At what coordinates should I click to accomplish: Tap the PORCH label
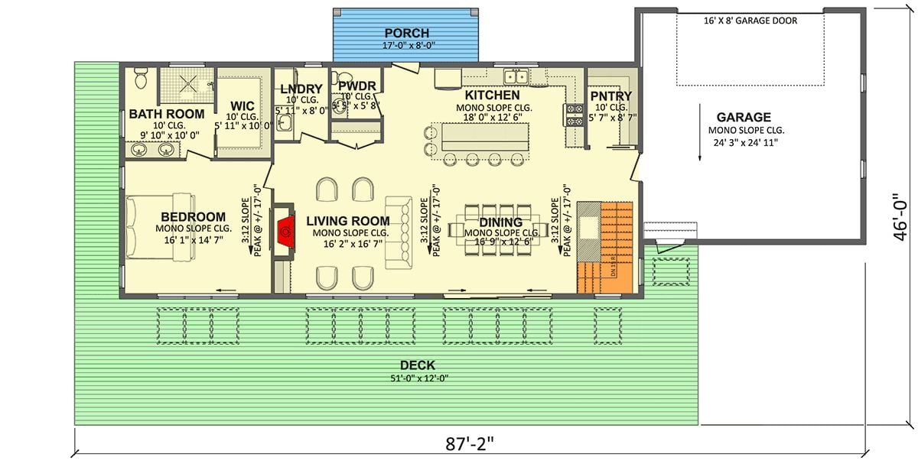(406, 33)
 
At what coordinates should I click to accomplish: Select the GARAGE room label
(743, 118)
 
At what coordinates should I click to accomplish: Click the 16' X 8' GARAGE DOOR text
(750, 21)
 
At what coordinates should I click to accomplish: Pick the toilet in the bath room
(140, 79)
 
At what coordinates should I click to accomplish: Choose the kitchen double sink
(516, 76)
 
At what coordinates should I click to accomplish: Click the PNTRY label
(610, 96)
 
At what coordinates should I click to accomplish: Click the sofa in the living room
(397, 232)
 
